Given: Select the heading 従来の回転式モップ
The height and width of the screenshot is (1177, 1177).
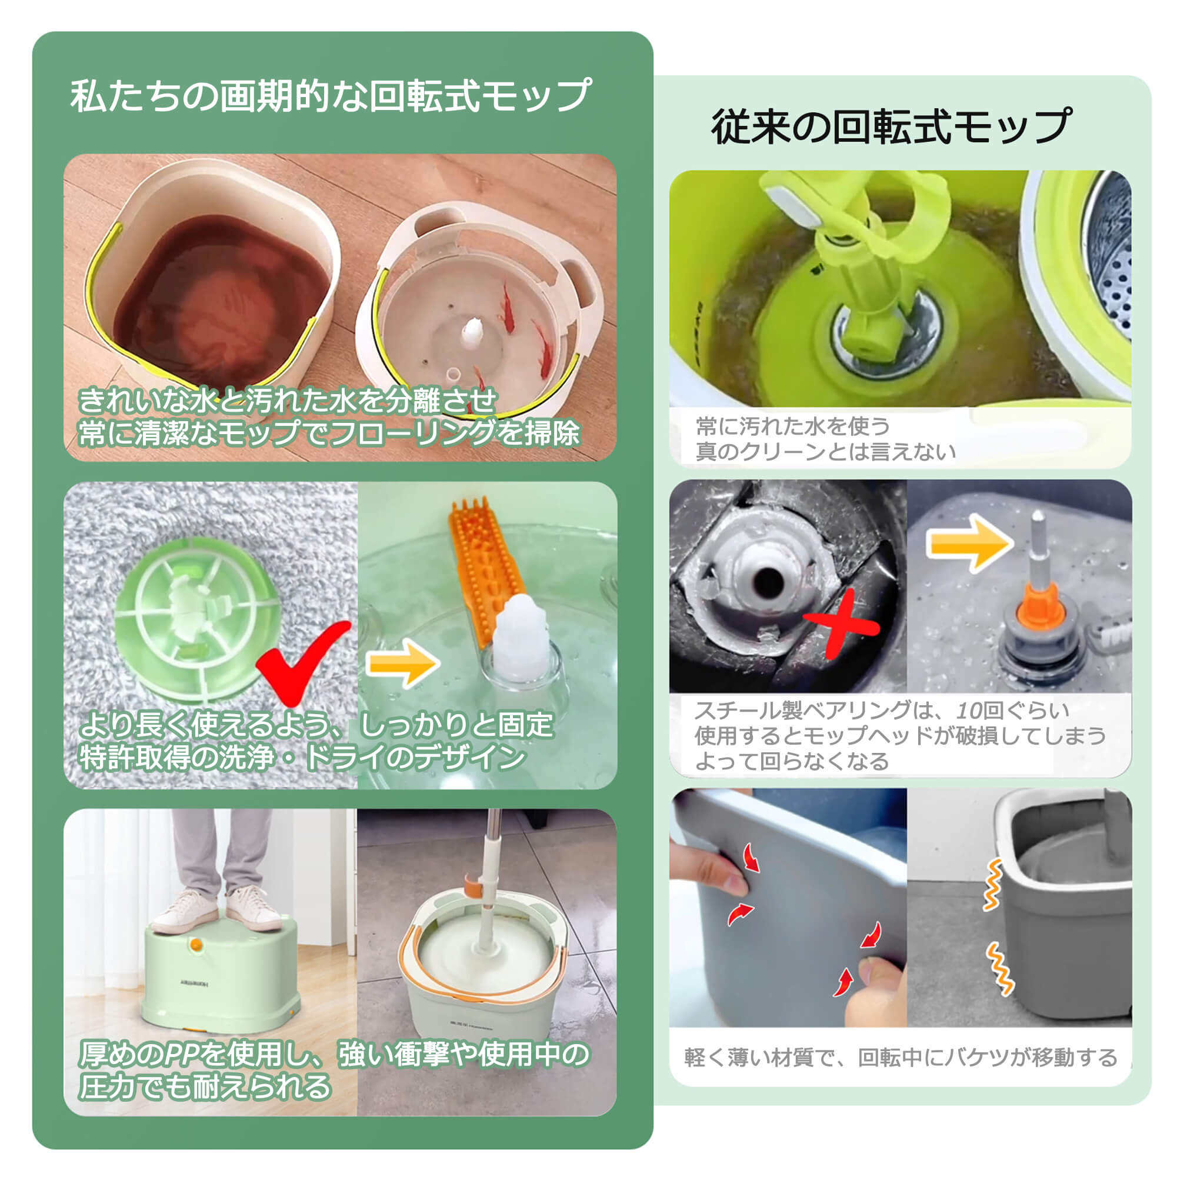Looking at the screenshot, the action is pyautogui.click(x=890, y=126).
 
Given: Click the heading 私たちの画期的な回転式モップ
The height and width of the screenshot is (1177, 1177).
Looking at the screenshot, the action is pyautogui.click(x=330, y=96).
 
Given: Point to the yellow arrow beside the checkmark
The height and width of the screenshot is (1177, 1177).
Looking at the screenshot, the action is pyautogui.click(x=403, y=663).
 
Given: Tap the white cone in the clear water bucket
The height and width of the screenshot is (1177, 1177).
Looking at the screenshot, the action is pyautogui.click(x=472, y=335).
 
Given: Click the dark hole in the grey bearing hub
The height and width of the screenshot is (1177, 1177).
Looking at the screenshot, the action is pyautogui.click(x=769, y=584).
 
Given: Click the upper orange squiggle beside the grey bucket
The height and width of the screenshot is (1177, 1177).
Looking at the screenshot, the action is pyautogui.click(x=992, y=885).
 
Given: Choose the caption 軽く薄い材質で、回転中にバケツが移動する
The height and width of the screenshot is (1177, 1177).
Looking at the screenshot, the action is pyautogui.click(x=901, y=1057).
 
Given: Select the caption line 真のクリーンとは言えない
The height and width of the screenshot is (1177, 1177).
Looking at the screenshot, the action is pyautogui.click(x=825, y=451).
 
